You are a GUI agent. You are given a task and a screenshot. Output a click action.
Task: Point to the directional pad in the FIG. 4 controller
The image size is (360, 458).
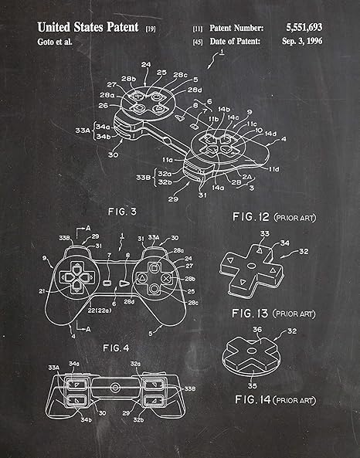tap(75, 276)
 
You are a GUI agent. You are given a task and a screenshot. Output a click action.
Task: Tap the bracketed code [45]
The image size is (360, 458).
tap(198, 42)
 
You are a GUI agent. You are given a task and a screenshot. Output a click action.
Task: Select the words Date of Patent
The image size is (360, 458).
tap(235, 41)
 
